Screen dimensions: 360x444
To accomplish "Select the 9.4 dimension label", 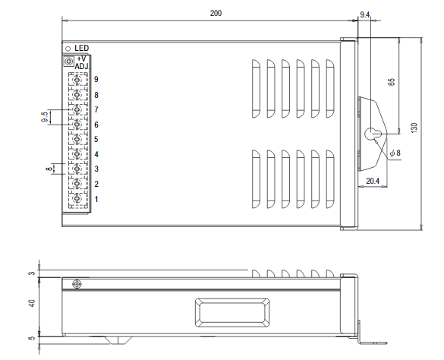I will pos(364,14).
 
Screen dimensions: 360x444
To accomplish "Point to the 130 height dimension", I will pos(414,128).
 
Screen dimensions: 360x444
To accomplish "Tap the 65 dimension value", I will pos(392,83).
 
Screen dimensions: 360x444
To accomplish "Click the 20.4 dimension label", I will pos(372,181).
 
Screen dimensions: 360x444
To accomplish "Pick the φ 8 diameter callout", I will pos(395,153).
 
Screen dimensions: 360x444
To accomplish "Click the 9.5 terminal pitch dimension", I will pos(45,117).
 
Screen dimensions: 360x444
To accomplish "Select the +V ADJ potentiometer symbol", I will pos(69,61).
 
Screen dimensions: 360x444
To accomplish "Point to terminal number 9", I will pos(96,80).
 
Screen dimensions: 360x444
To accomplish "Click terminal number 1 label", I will pos(96,199).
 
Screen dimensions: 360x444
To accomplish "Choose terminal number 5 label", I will pos(96,140).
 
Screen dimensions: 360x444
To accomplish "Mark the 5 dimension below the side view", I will pos(32,339).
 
